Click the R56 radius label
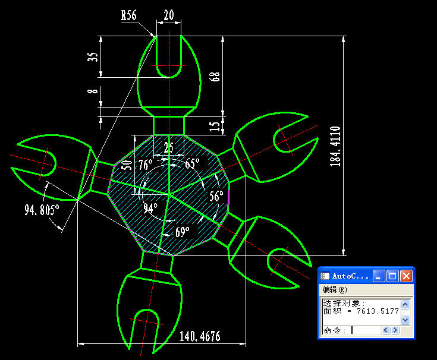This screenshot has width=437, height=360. click(129, 15)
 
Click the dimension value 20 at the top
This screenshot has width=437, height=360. click(169, 15)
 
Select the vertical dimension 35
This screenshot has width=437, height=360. click(93, 57)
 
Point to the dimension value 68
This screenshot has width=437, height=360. click(215, 77)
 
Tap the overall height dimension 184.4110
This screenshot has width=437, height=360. click(335, 147)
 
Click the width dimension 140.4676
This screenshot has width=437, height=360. click(200, 336)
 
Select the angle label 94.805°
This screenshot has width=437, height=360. click(42, 210)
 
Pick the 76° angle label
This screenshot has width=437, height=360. click(146, 165)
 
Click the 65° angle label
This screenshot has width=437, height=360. click(193, 163)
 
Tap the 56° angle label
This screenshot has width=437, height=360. click(216, 196)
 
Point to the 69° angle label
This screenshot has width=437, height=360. click(183, 232)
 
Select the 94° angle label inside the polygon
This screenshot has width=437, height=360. click(150, 208)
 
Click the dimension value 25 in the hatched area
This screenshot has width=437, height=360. click(169, 147)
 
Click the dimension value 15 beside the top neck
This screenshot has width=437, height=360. click(214, 127)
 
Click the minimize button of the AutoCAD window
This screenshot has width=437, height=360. click(379, 276)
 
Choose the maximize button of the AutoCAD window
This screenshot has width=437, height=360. click(392, 276)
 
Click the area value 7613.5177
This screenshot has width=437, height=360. click(378, 311)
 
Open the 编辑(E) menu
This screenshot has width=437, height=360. click(335, 290)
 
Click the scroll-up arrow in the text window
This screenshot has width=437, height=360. click(405, 304)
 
